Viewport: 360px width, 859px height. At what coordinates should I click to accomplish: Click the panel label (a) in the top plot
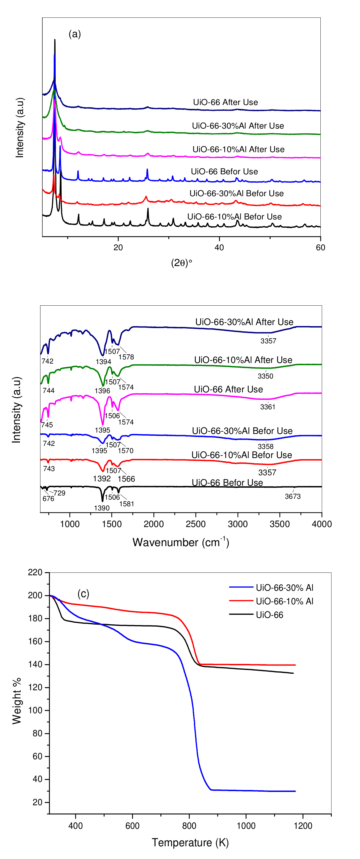tap(75, 34)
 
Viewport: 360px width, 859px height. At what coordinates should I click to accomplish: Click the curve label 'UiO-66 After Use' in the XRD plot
tap(225, 102)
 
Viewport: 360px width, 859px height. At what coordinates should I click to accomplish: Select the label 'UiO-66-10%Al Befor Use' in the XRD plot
tap(234, 217)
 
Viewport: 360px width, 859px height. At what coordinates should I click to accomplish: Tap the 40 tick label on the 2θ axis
tap(219, 247)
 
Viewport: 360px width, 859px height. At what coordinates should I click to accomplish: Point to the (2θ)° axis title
tap(182, 263)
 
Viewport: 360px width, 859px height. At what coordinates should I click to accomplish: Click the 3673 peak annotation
tap(292, 496)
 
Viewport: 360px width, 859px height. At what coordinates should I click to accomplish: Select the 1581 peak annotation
tap(127, 503)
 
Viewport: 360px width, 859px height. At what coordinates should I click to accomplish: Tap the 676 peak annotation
tap(48, 498)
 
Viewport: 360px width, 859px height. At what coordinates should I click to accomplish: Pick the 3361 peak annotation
tap(268, 407)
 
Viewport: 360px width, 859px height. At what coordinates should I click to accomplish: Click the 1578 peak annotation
tap(126, 357)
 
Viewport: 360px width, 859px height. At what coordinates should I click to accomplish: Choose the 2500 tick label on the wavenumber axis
tap(196, 524)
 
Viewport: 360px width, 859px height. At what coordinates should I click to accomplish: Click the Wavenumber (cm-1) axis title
tap(181, 542)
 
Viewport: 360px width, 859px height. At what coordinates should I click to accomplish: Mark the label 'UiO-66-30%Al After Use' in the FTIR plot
tap(244, 322)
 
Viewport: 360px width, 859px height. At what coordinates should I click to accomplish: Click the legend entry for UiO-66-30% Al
tap(284, 587)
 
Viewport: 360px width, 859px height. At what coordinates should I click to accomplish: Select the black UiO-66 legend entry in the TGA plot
tap(269, 615)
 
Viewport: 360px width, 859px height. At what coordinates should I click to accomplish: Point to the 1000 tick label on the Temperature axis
tap(246, 826)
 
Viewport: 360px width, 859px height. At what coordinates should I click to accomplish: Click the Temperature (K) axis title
tap(190, 843)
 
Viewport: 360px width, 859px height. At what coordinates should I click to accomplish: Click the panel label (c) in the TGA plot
tap(83, 594)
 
